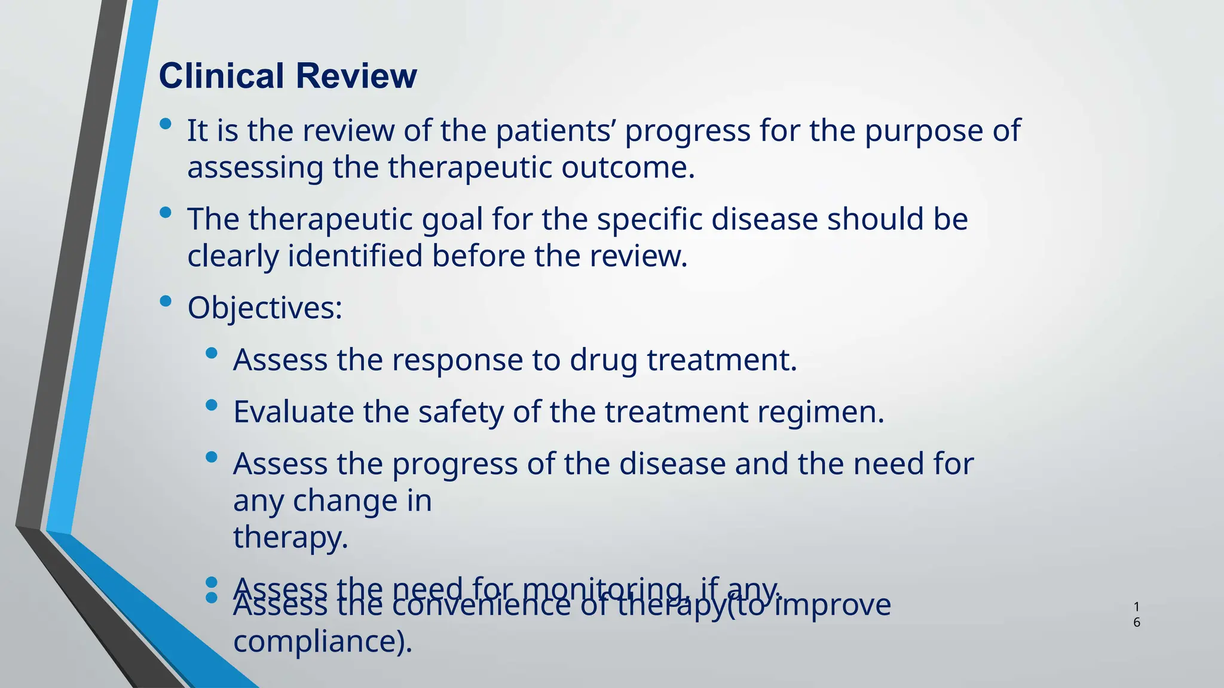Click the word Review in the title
click(x=356, y=76)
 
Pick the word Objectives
click(x=264, y=308)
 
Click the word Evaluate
click(x=293, y=412)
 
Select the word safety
click(x=461, y=412)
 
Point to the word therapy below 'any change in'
click(x=290, y=537)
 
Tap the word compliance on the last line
click(x=322, y=642)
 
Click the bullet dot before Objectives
click(x=166, y=301)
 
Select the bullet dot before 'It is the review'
click(x=166, y=124)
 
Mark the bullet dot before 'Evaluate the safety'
click(x=211, y=406)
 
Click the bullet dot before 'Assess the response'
click(x=211, y=354)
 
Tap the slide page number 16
click(x=1136, y=615)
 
